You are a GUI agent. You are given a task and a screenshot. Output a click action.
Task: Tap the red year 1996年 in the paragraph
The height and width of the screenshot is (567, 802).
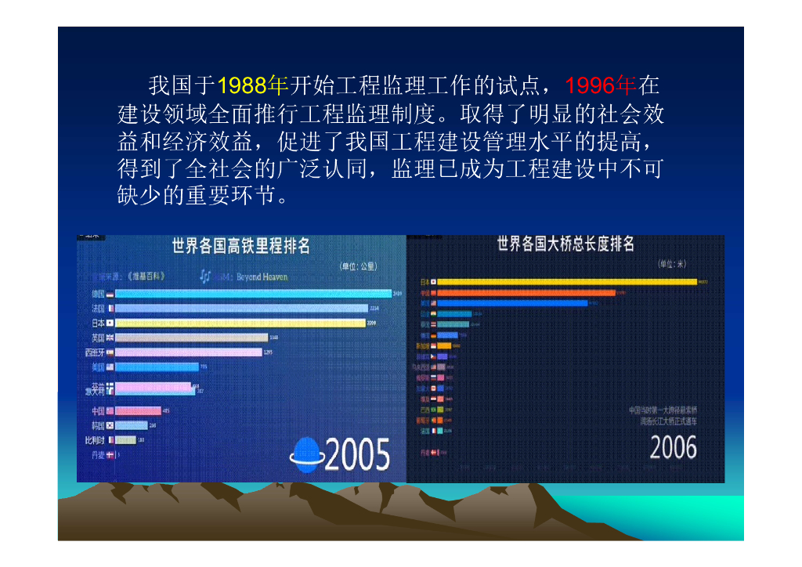[600, 85]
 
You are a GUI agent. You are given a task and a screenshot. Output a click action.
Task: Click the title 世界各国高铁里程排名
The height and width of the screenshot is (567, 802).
[241, 247]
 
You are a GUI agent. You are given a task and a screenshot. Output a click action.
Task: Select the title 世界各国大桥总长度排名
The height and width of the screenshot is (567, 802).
[565, 244]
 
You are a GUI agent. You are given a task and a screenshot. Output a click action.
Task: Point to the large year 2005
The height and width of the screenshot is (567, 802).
[356, 454]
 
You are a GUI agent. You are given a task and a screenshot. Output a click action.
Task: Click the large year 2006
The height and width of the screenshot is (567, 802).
[673, 448]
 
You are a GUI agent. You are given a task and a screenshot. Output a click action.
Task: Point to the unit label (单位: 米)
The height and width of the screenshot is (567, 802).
[671, 264]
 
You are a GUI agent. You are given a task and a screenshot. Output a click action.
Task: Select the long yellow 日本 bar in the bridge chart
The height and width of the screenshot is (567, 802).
[568, 281]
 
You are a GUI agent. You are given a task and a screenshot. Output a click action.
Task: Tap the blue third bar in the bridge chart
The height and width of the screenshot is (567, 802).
[512, 303]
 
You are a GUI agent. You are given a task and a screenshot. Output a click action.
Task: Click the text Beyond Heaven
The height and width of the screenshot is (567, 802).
[262, 276]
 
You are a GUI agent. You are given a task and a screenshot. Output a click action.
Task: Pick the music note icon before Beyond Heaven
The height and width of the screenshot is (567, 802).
[205, 276]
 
